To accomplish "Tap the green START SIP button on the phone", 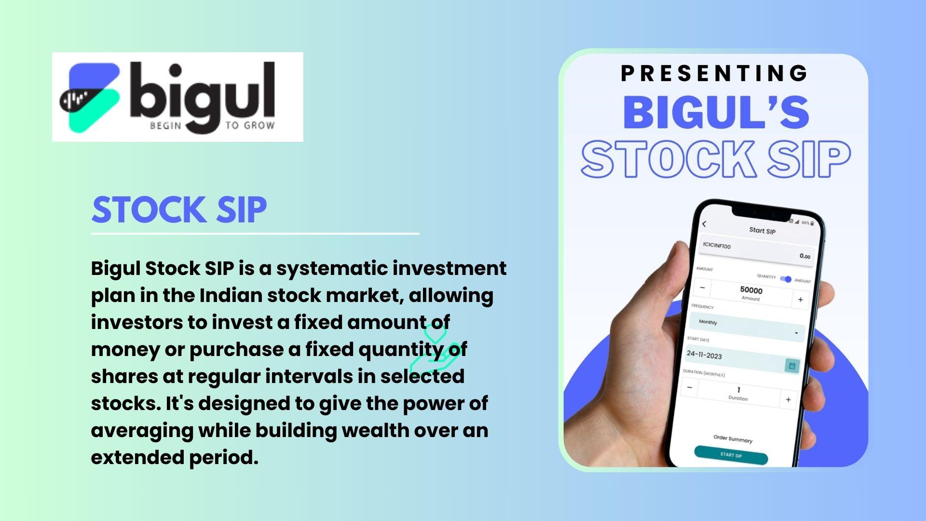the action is [731, 455].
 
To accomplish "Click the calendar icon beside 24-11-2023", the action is [792, 366].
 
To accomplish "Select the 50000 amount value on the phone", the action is [751, 290].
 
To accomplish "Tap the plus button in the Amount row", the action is [800, 300].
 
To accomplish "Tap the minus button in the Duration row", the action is [690, 387].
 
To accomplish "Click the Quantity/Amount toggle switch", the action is [786, 279].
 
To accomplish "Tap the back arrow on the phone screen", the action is [704, 224].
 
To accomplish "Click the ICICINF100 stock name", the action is [717, 246].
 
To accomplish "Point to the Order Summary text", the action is [733, 439].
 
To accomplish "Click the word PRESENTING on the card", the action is [714, 73].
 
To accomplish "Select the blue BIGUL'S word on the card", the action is [716, 112].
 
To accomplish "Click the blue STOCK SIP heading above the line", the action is [179, 210].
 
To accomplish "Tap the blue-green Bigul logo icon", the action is [89, 98].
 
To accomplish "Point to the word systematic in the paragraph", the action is [332, 269].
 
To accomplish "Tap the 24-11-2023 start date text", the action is [704, 355].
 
